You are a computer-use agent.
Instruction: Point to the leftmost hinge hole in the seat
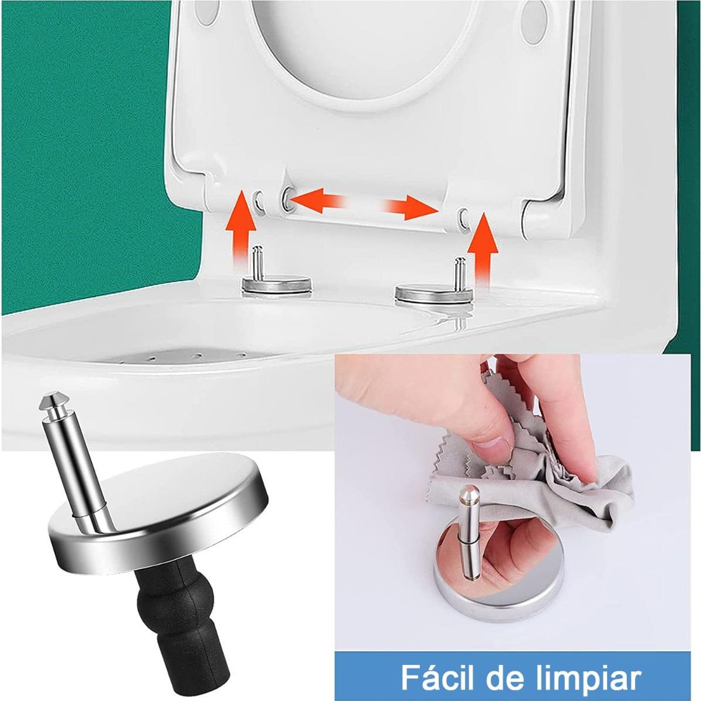point(259,203)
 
